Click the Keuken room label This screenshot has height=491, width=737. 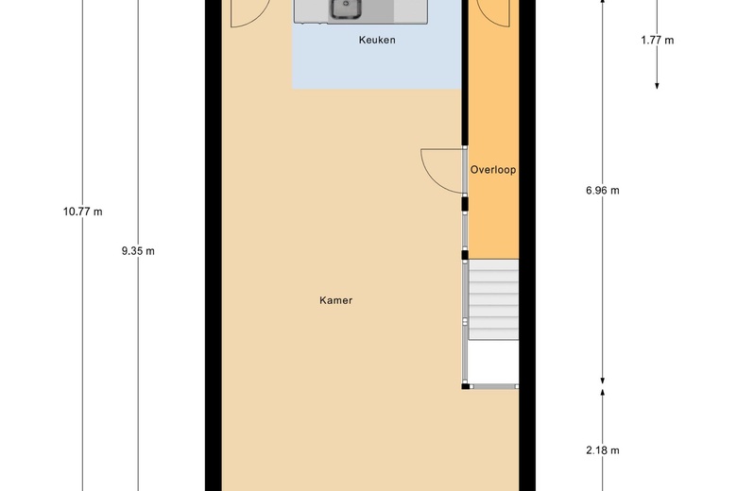pos(377,40)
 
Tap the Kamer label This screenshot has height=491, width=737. pos(335,300)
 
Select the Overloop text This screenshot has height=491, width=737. pos(493,170)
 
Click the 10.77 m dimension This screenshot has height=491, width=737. pos(83,212)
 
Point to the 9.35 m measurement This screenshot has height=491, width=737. pos(138,251)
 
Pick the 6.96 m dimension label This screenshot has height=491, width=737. pos(603,191)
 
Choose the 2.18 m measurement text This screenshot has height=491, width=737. pos(603,450)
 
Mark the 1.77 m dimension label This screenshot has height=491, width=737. pos(657,40)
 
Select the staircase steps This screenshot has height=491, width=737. pos(493,299)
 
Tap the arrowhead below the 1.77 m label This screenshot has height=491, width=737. pos(657,86)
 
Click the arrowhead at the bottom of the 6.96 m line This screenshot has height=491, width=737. pos(603,381)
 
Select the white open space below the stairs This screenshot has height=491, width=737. pos(493,362)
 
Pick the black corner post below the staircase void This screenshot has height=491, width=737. pos(465,387)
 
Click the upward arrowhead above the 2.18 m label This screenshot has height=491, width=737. pos(603,392)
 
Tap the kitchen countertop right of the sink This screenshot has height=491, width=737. pos(410,10)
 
